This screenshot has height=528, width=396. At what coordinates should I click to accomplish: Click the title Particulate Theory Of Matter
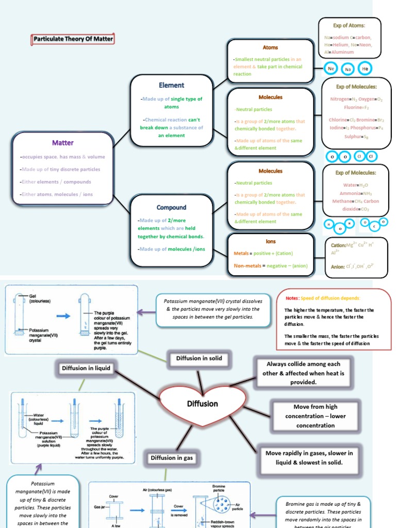pos(73,39)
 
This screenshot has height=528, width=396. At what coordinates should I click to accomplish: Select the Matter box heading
pos(62,143)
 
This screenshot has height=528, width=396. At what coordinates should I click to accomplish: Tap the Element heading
pos(172,85)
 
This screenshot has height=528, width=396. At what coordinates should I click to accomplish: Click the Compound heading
pos(172,207)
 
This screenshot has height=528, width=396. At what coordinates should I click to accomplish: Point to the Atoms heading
pos(270,47)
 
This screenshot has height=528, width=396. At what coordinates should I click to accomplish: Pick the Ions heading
pos(270,241)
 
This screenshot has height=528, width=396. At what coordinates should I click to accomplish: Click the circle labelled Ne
pos(331,69)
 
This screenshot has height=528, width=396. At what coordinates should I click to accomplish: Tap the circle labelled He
pos(365,69)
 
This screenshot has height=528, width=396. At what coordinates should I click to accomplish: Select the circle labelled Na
pos(348,69)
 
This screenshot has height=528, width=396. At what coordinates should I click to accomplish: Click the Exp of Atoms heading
pos(349,25)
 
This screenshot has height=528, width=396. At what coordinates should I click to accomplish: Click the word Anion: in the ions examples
pos(338,267)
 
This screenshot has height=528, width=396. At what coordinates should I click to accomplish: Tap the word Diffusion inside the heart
pos(203,404)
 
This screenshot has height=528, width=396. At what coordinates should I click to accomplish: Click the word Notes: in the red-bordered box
pos(292,298)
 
